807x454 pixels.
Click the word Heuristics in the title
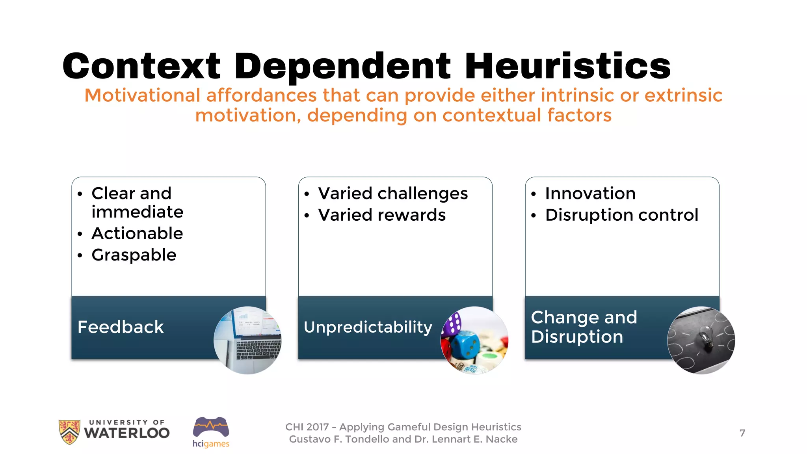click(567, 66)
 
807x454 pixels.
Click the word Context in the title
click(141, 66)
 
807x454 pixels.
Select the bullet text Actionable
click(137, 233)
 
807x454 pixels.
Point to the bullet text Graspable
click(134, 255)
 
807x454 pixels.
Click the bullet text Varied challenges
click(393, 194)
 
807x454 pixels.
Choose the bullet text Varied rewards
click(382, 215)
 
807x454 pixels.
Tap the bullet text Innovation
click(590, 194)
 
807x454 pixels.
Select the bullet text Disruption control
click(621, 215)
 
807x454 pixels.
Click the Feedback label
click(121, 327)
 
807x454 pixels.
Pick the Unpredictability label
click(368, 327)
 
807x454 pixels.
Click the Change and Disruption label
click(584, 327)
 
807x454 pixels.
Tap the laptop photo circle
click(247, 340)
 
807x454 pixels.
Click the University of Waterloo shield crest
click(69, 432)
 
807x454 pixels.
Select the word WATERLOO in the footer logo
click(127, 433)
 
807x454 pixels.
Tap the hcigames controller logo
click(211, 427)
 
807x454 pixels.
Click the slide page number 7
click(742, 433)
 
